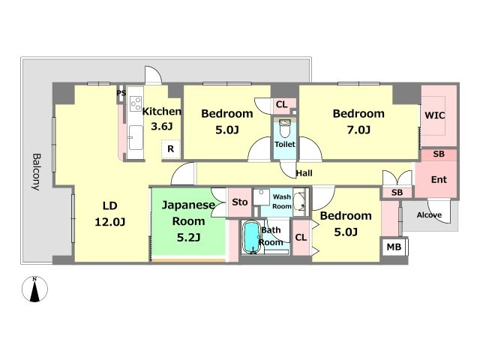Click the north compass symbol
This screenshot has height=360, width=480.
click(35, 289)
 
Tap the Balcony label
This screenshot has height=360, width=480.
click(37, 172)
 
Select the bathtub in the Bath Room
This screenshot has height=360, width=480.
click(251, 238)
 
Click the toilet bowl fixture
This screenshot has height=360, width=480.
click(284, 129)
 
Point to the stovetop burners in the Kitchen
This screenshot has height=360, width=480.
click(136, 103)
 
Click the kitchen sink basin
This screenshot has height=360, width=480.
click(136, 137)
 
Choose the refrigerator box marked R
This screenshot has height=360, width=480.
click(170, 149)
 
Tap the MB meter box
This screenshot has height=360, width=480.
click(394, 247)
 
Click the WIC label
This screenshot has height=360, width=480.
click(435, 115)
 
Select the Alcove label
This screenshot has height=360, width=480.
click(429, 215)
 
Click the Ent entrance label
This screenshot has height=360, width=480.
click(439, 179)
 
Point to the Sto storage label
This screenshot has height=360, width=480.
click(240, 202)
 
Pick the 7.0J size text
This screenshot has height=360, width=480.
click(358, 130)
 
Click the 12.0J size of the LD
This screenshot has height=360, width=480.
click(110, 222)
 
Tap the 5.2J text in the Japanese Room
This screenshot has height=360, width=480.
click(188, 237)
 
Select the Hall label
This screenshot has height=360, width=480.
click(304, 173)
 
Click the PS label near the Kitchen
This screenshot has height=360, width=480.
click(121, 92)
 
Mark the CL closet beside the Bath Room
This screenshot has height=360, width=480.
click(301, 237)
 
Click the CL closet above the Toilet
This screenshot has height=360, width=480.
click(282, 104)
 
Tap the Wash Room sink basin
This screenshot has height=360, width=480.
click(299, 202)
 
